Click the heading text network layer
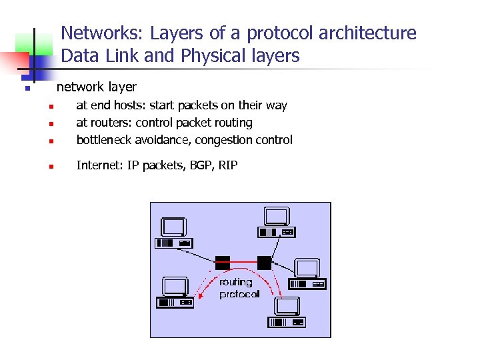[x=97, y=87]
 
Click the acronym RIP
[x=227, y=165]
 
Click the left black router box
[x=223, y=262]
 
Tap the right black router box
[x=265, y=262]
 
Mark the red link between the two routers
[x=243, y=261]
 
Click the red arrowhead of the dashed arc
[x=272, y=294]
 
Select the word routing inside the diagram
[x=236, y=283]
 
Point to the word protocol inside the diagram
[x=239, y=294]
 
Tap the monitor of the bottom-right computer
[x=287, y=306]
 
